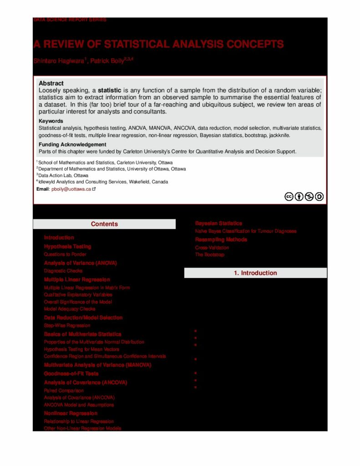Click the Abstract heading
tap(51, 83)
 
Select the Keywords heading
tap(51, 121)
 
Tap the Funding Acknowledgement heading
tap(72, 145)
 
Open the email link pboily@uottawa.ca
tap(71, 189)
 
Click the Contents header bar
tap(104, 224)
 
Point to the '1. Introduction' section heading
tap(255, 273)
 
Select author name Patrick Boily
tap(107, 61)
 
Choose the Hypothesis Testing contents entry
tap(67, 246)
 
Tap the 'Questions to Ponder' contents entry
tap(65, 254)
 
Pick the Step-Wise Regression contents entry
tap(67, 325)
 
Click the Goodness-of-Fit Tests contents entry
tap(71, 374)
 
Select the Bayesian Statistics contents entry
tap(218, 223)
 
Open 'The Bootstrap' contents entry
tap(210, 255)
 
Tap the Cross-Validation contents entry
tap(212, 248)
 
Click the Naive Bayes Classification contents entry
tap(246, 231)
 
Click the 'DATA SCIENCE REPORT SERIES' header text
tap(70, 20)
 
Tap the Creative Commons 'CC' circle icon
tap(289, 197)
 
